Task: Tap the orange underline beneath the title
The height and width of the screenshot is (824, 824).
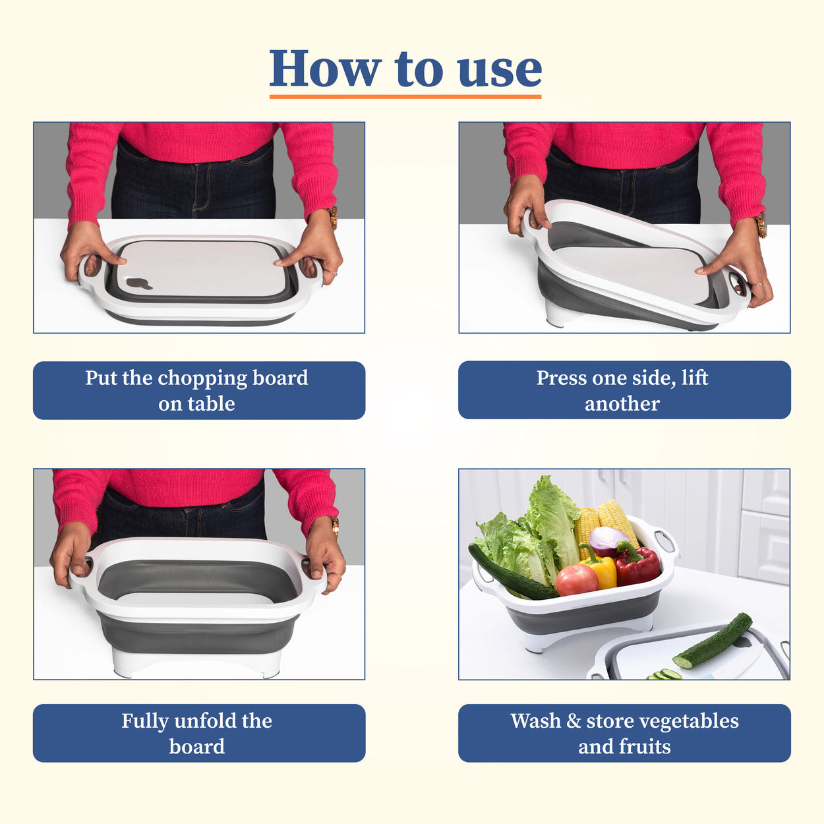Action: (x=405, y=96)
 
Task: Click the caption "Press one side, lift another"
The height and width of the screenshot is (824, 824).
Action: (x=624, y=390)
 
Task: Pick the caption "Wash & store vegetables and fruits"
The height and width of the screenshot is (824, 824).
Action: (x=624, y=733)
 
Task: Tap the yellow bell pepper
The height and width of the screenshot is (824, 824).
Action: (x=604, y=571)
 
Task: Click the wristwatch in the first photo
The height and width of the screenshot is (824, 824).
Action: (x=333, y=217)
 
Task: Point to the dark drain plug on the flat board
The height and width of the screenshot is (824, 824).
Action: (x=139, y=283)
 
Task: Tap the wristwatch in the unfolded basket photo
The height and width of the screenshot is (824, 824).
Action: (x=336, y=525)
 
